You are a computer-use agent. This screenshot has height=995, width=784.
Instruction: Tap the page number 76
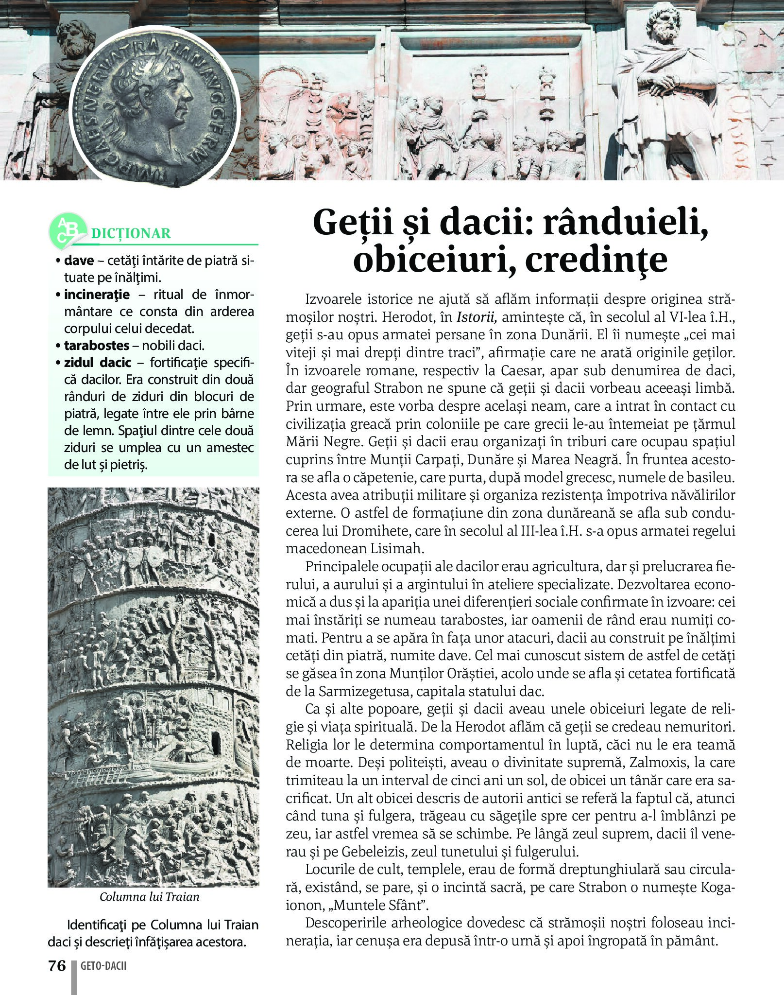coord(56,965)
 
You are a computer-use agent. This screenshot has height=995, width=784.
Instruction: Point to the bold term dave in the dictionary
coord(79,261)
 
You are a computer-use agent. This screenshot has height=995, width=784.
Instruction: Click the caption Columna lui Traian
coord(150,896)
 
